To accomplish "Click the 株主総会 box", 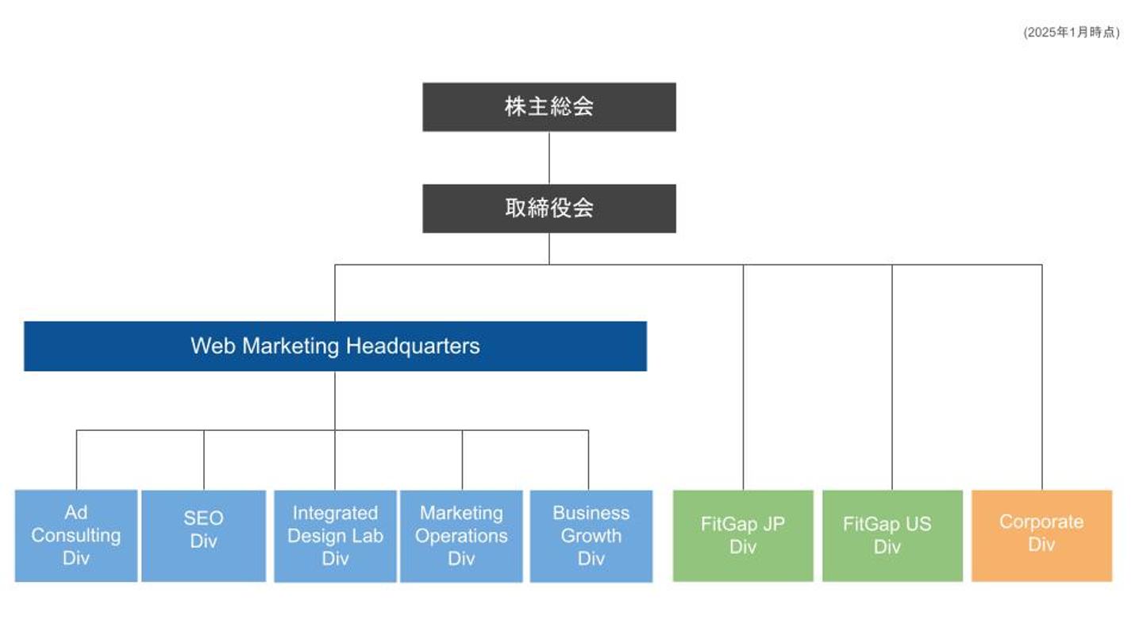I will (548, 107).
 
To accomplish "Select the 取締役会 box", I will (548, 209).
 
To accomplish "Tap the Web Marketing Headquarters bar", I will (335, 346).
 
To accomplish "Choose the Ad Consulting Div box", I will (76, 536).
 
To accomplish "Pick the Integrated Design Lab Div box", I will (335, 536).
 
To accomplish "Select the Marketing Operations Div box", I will (461, 536).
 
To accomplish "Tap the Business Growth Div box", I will (591, 536).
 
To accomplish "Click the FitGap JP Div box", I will (743, 536).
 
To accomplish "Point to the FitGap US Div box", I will (892, 536).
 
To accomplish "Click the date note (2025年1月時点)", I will (1071, 33).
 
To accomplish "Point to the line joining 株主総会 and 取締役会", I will (549, 158).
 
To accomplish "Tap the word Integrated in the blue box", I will (335, 514).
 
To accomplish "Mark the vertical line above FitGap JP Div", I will (744, 377).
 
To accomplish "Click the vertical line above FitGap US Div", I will (892, 377).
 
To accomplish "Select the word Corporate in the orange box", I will (1041, 522).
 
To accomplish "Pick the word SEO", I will (203, 518).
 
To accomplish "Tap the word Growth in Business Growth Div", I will (591, 536).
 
